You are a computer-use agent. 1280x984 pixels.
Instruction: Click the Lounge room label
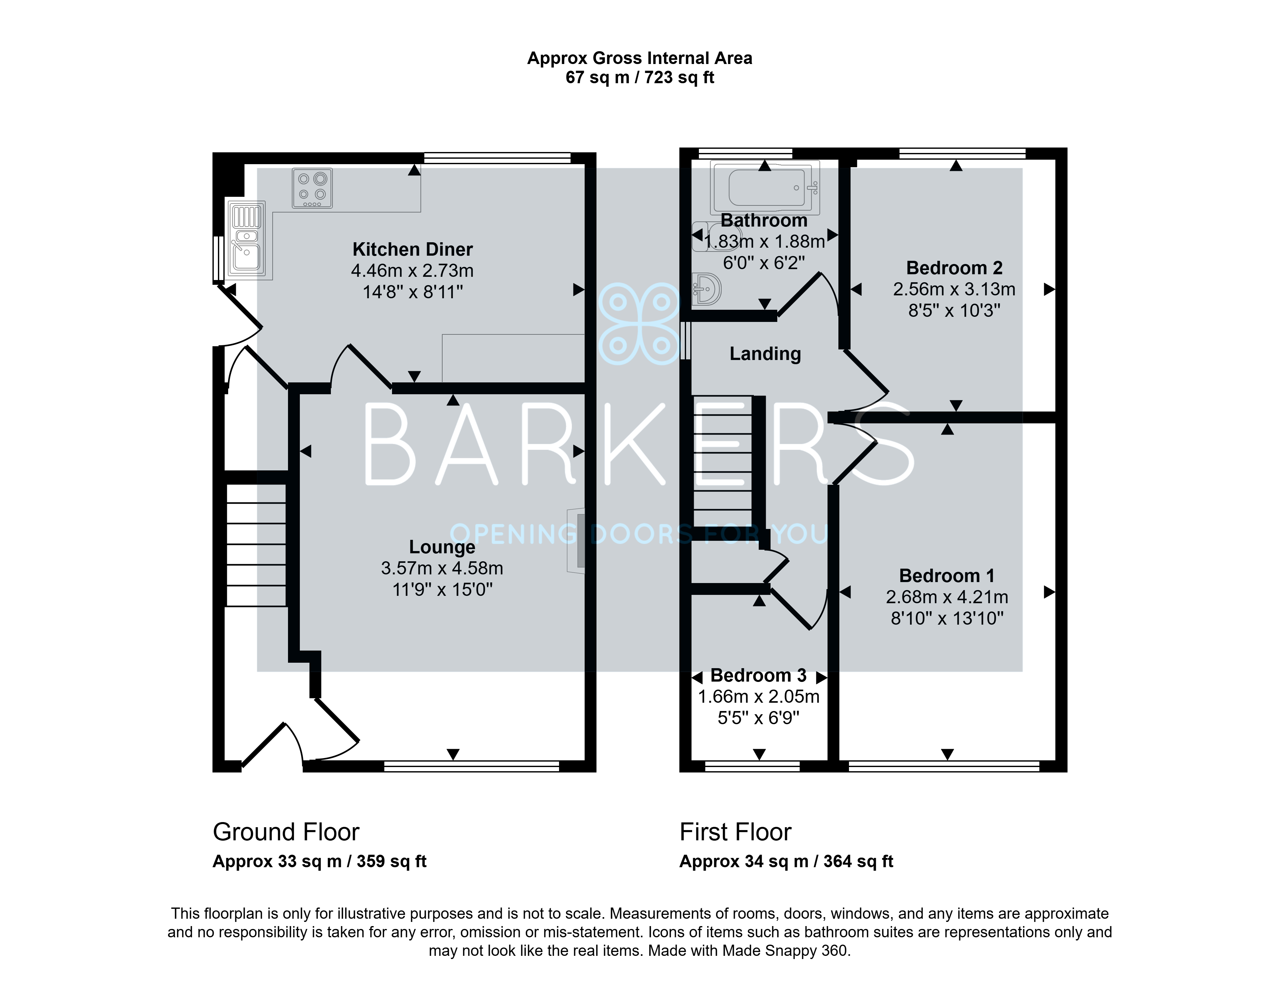[x=442, y=547]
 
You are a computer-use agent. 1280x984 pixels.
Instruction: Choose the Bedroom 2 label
[x=955, y=268]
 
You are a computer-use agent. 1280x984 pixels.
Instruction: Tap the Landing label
[x=765, y=354]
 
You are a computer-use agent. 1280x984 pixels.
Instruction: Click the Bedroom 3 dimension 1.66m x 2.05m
[x=759, y=696]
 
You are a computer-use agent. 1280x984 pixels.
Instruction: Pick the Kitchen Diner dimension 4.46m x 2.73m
[x=412, y=271]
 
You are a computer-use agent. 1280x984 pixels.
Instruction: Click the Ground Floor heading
[x=286, y=832]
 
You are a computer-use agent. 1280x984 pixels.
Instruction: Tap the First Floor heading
[x=735, y=832]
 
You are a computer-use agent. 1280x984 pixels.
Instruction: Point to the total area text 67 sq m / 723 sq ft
[x=640, y=77]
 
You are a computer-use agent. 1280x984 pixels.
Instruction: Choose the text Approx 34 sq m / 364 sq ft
[x=786, y=861]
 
